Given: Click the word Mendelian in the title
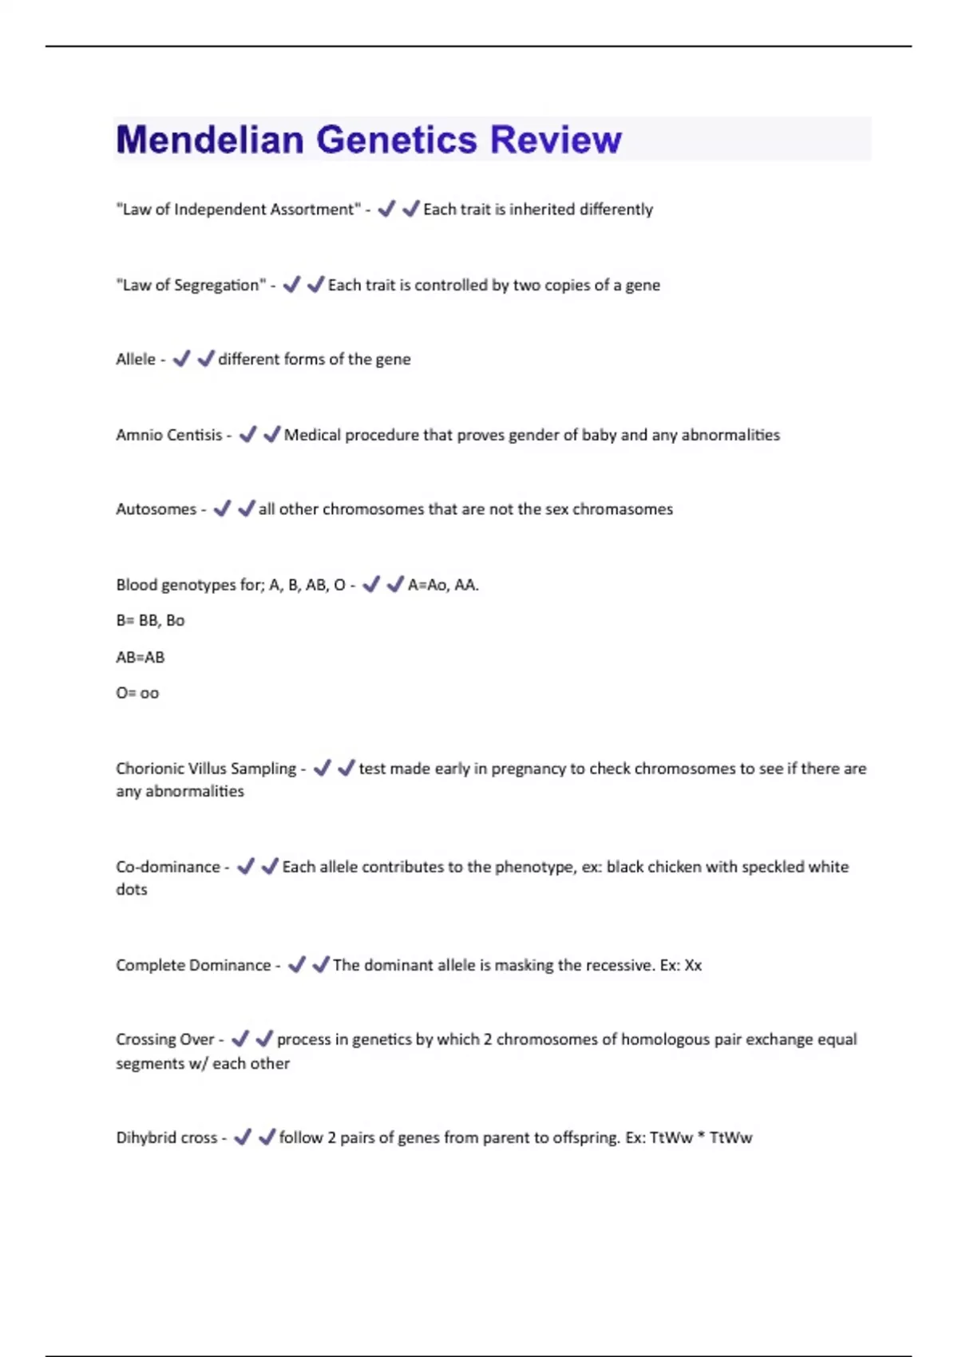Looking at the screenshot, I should [x=210, y=140].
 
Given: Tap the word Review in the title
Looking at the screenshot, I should [x=555, y=140].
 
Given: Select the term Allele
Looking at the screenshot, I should [x=136, y=359].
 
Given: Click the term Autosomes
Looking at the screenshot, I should [x=156, y=509].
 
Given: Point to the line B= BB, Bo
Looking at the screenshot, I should [x=150, y=620].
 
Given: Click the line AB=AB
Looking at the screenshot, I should [x=141, y=657].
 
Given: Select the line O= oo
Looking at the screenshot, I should [x=137, y=693].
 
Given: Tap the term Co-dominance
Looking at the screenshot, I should [x=168, y=867].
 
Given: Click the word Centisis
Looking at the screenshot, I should [x=196, y=435].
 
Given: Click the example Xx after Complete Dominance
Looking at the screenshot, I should [x=692, y=965].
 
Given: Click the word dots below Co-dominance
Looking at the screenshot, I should [x=132, y=889].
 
